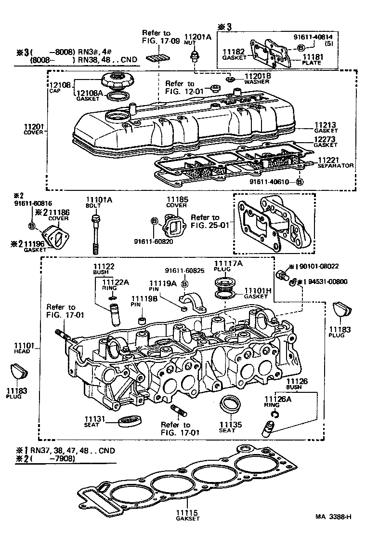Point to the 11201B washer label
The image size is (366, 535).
258,76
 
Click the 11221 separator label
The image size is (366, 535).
327,159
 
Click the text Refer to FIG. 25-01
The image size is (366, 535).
205,221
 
